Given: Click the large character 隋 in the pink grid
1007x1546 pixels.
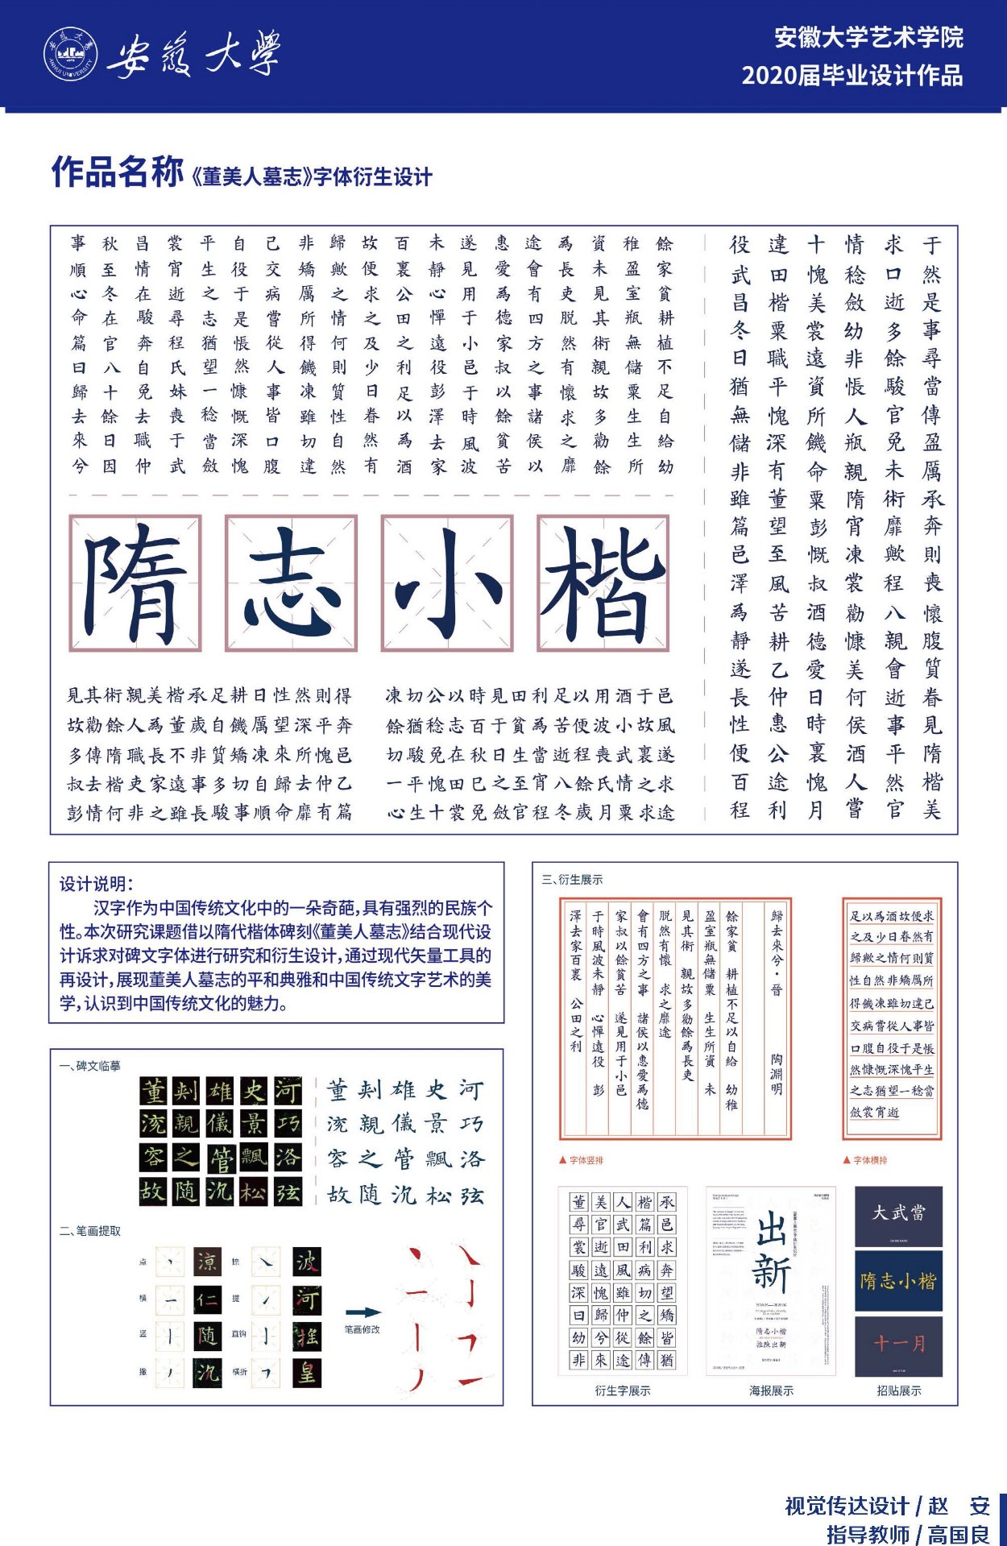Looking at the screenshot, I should click(x=135, y=583).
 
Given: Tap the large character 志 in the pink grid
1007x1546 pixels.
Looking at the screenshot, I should click(x=291, y=583).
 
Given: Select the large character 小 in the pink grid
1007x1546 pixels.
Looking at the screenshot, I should click(x=447, y=583).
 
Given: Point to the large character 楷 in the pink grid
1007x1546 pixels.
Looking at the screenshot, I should click(x=603, y=583).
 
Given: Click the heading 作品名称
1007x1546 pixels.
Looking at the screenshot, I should click(x=118, y=172).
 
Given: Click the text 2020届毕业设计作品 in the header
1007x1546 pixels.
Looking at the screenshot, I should click(x=852, y=76).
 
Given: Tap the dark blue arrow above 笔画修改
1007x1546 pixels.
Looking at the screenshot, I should click(x=363, y=1312).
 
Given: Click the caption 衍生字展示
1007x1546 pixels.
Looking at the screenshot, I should click(x=622, y=1391).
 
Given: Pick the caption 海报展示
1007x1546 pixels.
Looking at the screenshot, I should click(x=771, y=1391).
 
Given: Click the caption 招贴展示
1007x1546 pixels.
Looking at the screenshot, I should click(x=898, y=1391).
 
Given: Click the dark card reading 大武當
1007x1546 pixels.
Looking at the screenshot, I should click(x=898, y=1214).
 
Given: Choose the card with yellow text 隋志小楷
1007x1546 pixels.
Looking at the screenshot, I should click(x=898, y=1281).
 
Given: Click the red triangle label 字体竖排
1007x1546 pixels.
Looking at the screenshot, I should click(x=582, y=1160).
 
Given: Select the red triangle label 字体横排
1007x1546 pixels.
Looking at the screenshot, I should click(x=865, y=1160).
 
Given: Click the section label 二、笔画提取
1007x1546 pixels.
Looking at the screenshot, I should click(x=90, y=1231).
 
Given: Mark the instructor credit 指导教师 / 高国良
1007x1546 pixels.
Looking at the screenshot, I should click(x=908, y=1534).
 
